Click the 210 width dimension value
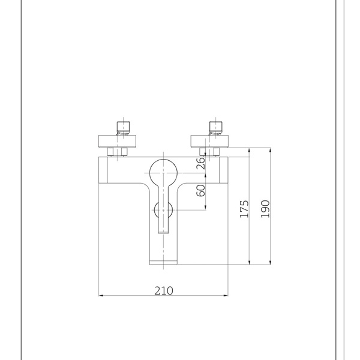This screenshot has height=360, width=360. pyautogui.click(x=163, y=290)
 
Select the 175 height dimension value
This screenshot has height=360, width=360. pyautogui.click(x=244, y=209)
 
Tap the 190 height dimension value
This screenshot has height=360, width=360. pyautogui.click(x=265, y=209)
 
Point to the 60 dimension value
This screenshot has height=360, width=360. pyautogui.click(x=200, y=191)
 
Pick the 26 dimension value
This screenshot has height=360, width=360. pyautogui.click(x=200, y=163)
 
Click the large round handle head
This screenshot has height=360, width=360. pyautogui.click(x=163, y=173)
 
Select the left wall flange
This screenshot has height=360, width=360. pyautogui.click(x=118, y=142)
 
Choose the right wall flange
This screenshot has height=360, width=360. pyautogui.click(x=209, y=142)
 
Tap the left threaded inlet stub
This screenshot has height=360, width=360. pyautogui.click(x=123, y=128)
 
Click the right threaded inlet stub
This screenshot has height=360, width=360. pyautogui.click(x=216, y=128)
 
